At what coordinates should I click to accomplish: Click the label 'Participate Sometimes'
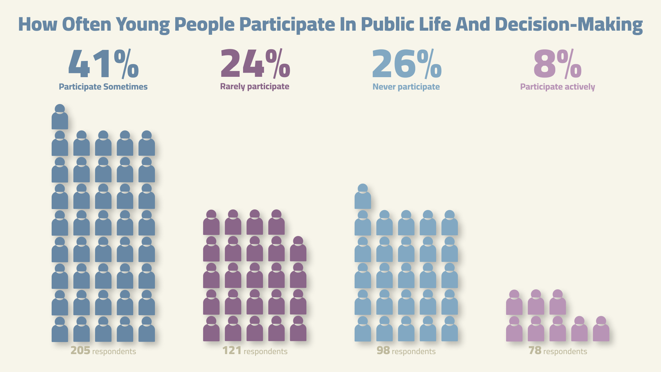coord(103,87)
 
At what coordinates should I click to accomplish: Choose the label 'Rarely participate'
coord(255,86)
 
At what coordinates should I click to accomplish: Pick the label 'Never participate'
coord(406,87)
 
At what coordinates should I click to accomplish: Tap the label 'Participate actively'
coord(557,87)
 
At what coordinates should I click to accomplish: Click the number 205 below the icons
coord(80,351)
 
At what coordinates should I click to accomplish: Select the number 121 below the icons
coord(232,351)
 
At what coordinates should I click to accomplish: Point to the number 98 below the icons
coord(383,351)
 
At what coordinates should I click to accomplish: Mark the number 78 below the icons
coord(535,351)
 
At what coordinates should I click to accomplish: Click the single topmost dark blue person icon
coord(60,117)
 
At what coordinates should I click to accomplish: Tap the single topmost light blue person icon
coord(363,197)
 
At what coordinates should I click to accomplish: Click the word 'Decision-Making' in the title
coord(568,24)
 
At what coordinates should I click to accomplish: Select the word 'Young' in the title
coord(143,25)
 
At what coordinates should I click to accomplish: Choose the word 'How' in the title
coord(38,24)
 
